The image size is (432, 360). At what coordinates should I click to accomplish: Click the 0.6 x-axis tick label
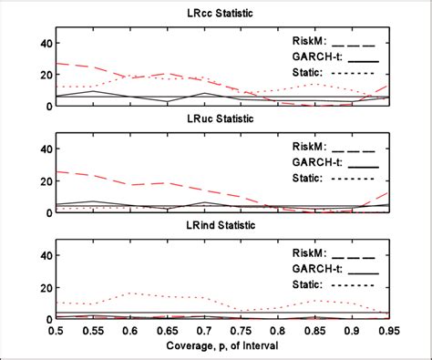(x=129, y=331)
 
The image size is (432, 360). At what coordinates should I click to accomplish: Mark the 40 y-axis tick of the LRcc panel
(x=42, y=43)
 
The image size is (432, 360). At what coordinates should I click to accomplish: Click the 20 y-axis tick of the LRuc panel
(x=42, y=180)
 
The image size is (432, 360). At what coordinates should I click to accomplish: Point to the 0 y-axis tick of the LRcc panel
(x=46, y=106)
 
